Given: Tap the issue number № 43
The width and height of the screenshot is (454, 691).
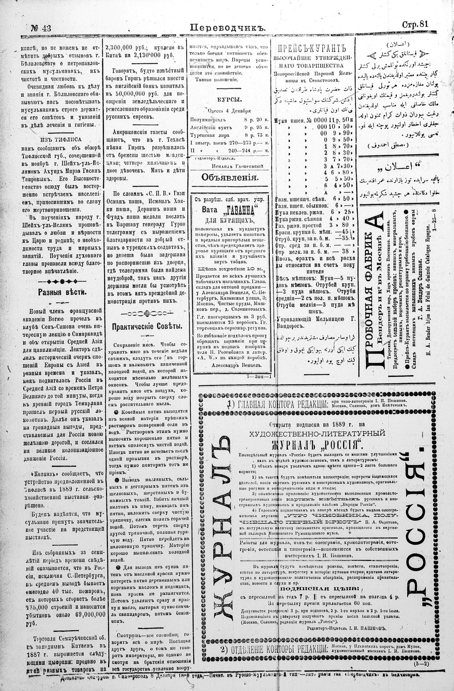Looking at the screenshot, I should [41, 28].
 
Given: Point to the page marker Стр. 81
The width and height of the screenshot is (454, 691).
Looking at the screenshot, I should [415, 24].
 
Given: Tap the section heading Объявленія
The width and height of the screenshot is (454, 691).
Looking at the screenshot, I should [230, 177].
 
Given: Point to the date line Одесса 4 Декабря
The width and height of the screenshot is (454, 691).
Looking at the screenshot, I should [229, 111].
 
